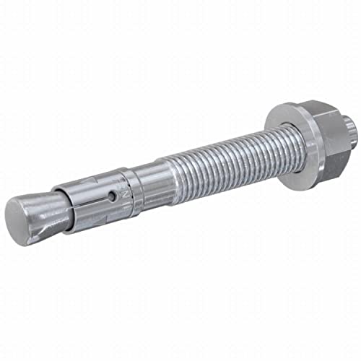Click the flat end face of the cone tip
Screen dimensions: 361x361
coord(20,213)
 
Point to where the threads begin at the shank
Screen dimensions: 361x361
coord(167,179)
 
